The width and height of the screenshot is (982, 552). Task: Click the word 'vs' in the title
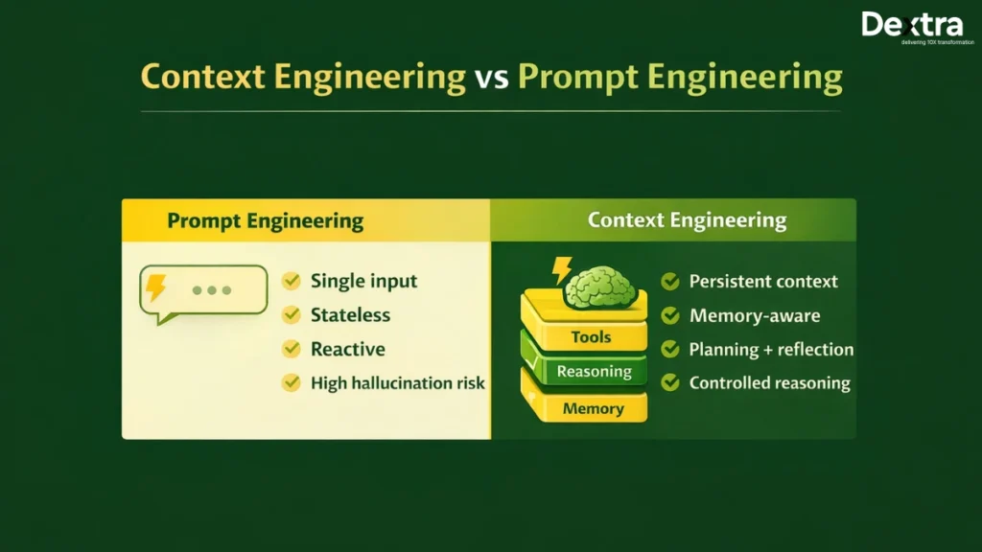click(x=492, y=78)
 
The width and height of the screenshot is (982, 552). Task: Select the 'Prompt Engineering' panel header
click(x=266, y=221)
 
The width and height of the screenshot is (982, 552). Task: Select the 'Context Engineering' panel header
click(x=687, y=220)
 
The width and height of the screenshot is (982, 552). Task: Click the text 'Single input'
click(x=363, y=281)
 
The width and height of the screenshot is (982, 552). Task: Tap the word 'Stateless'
click(x=350, y=315)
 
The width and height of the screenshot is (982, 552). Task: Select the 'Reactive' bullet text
click(x=347, y=349)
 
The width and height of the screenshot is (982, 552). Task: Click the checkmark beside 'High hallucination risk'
click(x=291, y=383)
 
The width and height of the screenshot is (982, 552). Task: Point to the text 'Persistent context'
click(x=763, y=281)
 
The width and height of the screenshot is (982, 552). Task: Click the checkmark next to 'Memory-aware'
click(x=670, y=315)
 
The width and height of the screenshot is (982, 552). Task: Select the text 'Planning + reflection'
click(x=771, y=349)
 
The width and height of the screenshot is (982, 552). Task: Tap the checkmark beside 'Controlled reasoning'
click(x=670, y=383)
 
